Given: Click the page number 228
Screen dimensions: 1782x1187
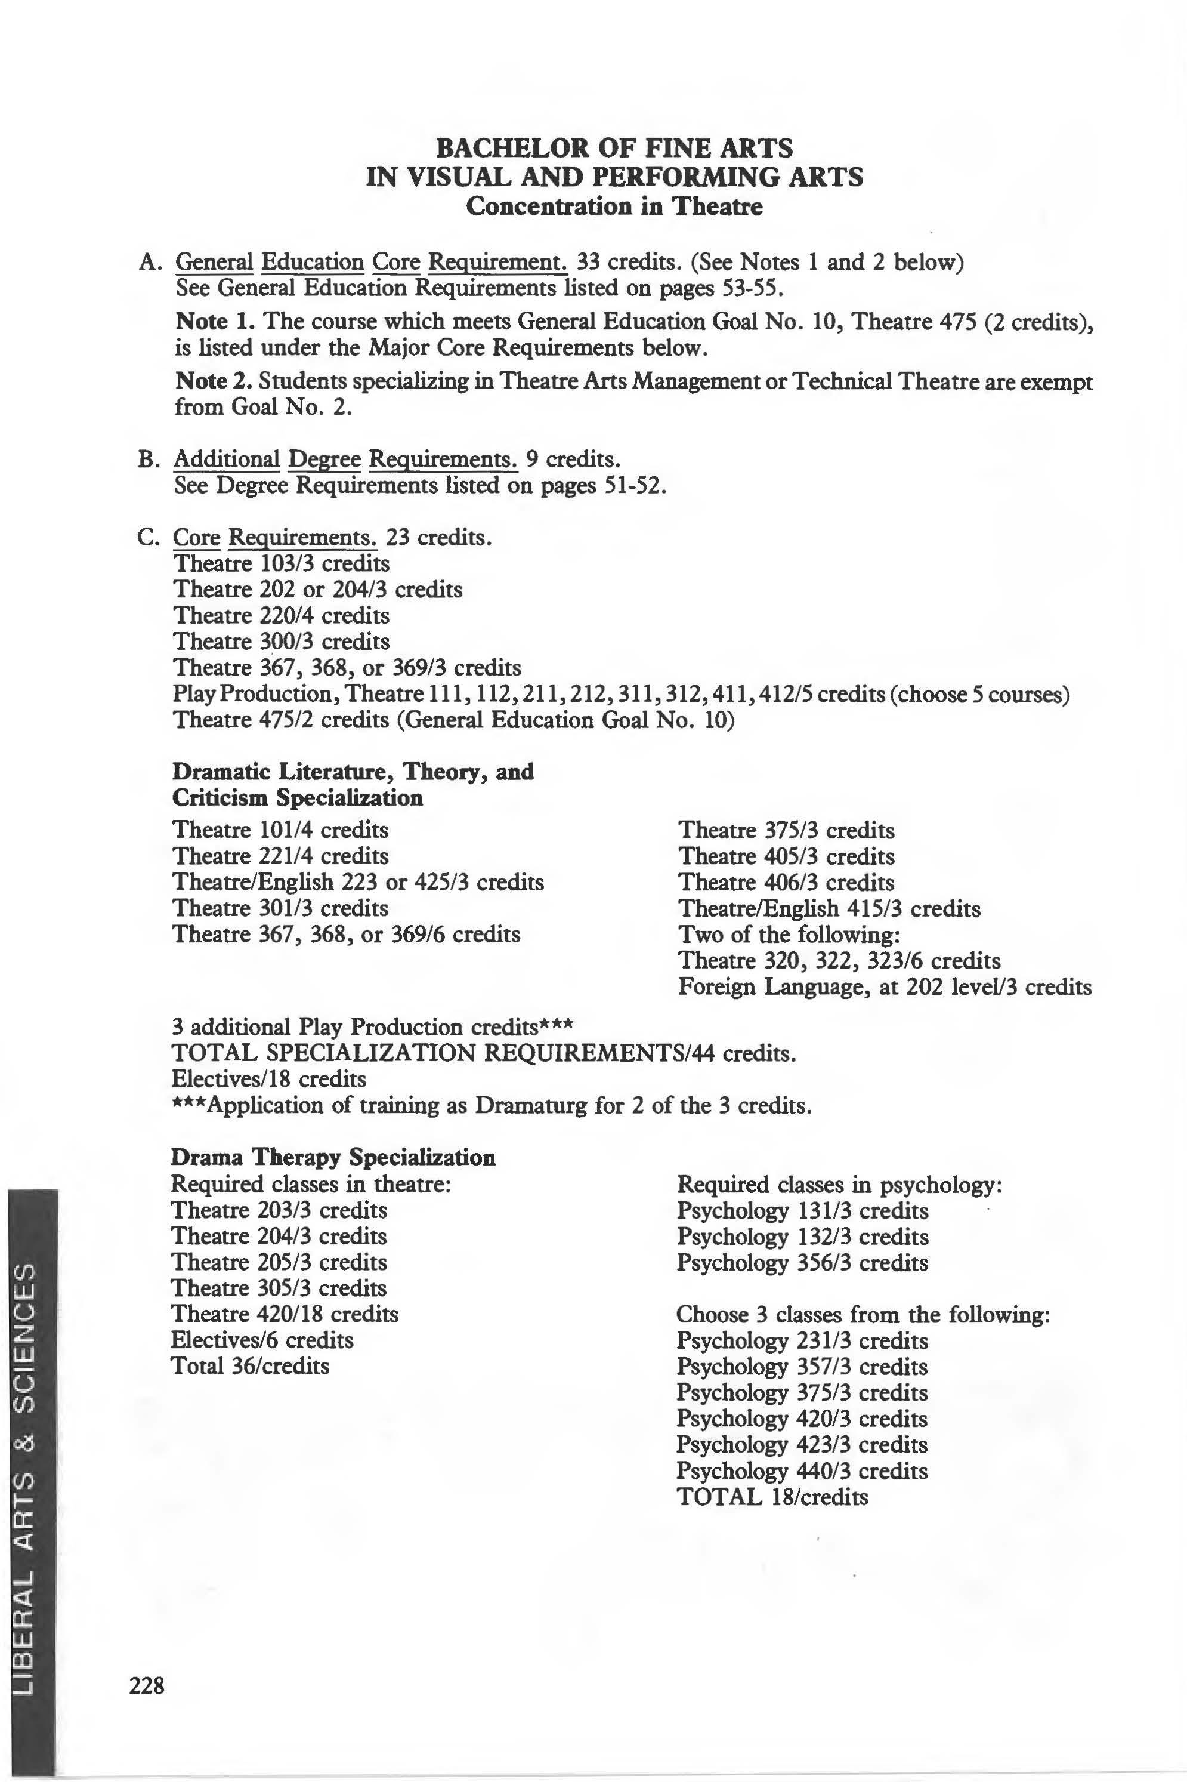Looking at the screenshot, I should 147,1686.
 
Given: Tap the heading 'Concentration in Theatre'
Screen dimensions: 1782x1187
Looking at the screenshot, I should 614,206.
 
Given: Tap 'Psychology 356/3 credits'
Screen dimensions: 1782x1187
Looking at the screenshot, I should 802,1262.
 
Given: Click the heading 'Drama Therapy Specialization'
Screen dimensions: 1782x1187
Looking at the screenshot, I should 333,1157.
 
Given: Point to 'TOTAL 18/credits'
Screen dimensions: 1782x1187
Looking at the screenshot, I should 772,1497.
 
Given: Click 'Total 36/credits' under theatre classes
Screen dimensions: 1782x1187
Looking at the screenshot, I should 250,1365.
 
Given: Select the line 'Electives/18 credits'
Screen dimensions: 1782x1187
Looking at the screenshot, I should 269,1078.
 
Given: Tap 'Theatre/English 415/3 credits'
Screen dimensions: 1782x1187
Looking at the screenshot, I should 829,908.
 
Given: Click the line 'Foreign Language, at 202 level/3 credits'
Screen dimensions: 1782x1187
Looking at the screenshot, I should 884,987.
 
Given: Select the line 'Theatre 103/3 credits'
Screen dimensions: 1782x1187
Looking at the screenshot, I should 281,563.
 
